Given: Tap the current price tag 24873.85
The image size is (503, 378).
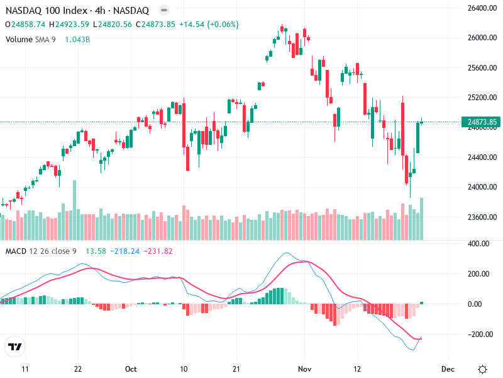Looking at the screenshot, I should pos(482,122).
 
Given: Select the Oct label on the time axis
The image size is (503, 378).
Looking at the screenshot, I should pos(131,369).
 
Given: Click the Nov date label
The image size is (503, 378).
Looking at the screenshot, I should pos(305,369).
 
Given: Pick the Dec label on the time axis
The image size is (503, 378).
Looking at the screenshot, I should pos(448,369).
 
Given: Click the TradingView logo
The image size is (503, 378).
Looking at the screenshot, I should pos(15,347).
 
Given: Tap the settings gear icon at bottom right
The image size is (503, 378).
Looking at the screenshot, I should pos(482,369).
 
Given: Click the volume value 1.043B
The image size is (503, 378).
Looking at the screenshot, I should pos(78,39).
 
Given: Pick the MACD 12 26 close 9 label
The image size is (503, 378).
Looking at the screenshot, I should pos(41,251).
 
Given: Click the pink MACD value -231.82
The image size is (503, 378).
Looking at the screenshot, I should pos(158,251).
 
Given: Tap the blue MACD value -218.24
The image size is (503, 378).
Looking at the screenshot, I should pos(124,251).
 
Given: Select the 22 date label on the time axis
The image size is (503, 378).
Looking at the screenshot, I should pos(77,369).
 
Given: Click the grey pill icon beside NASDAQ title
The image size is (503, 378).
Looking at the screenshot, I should pos(163,11).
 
